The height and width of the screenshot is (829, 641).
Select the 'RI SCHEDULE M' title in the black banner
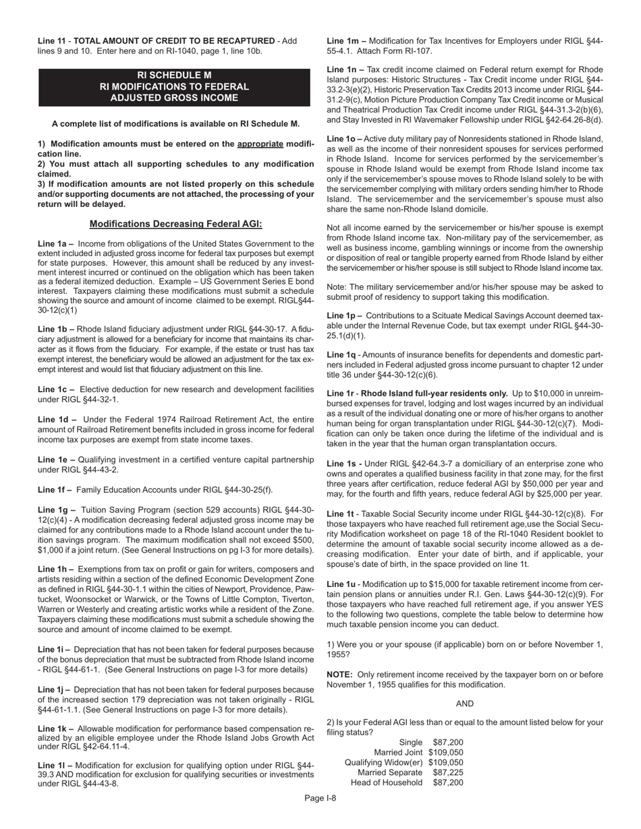(x=174, y=75)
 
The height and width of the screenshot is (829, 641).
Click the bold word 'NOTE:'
(x=339, y=675)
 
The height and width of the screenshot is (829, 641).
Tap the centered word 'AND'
(x=465, y=704)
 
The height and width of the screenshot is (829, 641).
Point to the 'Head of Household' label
(x=387, y=782)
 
